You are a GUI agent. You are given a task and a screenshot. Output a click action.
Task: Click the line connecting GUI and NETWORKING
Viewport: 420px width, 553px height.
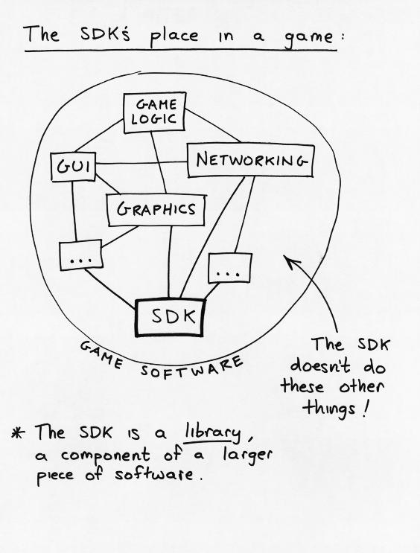[141, 163]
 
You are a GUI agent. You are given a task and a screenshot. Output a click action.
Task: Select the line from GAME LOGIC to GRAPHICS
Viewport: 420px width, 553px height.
[159, 163]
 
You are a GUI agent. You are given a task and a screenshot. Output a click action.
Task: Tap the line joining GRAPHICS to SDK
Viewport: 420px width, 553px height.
[170, 263]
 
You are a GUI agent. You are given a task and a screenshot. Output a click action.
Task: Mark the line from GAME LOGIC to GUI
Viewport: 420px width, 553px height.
[99, 135]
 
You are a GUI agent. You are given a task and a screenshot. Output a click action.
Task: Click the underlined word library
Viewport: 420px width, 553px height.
[211, 432]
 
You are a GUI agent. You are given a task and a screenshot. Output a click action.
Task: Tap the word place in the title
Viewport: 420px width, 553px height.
[174, 36]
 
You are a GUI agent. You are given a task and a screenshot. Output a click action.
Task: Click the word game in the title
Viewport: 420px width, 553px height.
[309, 37]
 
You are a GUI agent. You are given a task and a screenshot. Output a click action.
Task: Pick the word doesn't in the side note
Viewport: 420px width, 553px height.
[320, 365]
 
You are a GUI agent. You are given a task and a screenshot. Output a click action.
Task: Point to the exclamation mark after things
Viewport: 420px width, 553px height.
[366, 409]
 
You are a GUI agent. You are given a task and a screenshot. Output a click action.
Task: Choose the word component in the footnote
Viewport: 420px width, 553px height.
[105, 455]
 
